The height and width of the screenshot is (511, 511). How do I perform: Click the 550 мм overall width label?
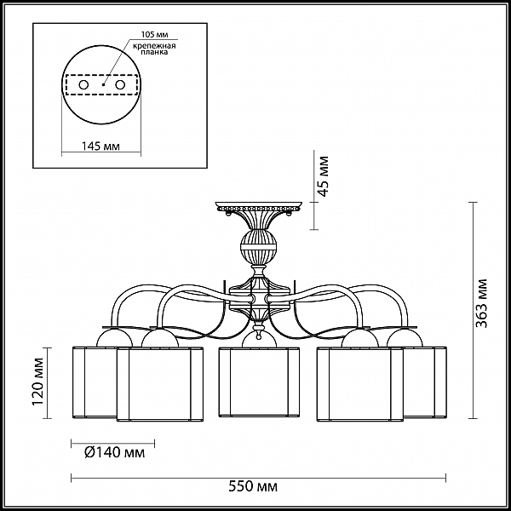click(253, 487)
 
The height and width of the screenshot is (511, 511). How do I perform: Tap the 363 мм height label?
click(481, 303)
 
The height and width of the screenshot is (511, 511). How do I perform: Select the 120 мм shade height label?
click(38, 382)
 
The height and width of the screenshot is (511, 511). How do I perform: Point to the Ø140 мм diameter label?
click(114, 452)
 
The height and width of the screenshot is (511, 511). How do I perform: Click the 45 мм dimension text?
click(323, 176)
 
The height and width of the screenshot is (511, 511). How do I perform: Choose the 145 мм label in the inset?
click(100, 146)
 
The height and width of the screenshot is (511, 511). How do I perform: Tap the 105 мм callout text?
click(154, 35)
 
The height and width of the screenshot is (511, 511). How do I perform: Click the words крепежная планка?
click(154, 49)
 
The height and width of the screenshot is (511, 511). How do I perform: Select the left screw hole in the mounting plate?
click(83, 85)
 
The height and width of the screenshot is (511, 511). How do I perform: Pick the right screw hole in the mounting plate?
click(120, 85)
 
